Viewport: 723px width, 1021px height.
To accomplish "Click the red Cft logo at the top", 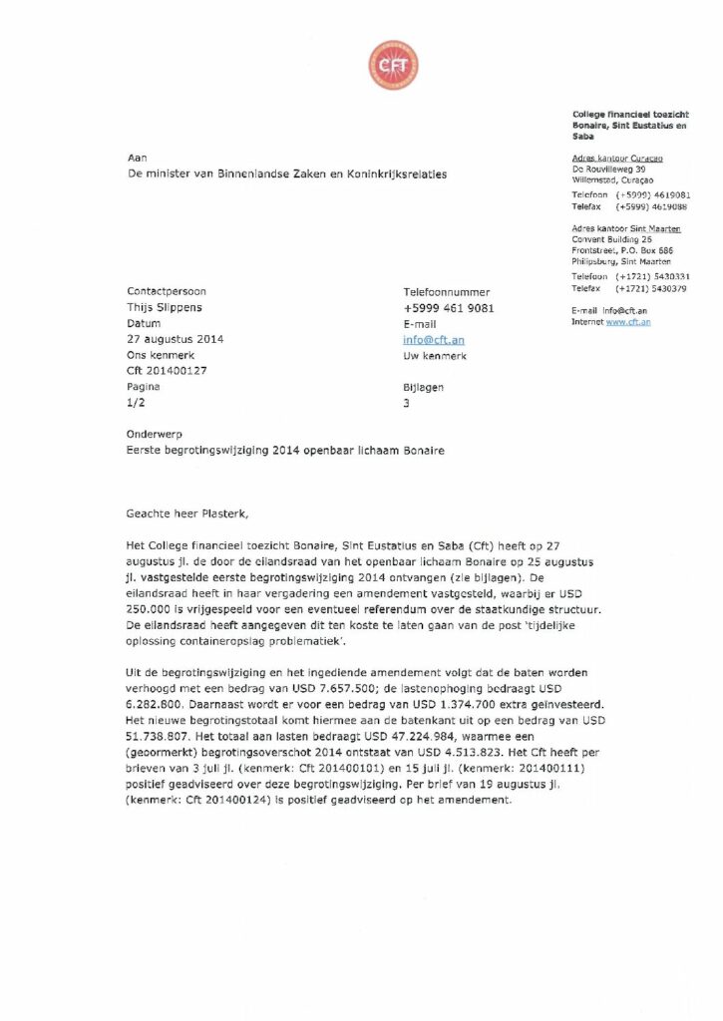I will [x=393, y=66].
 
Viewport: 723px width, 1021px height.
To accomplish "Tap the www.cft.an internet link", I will [x=628, y=322].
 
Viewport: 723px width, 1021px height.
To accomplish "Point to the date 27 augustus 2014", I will [x=176, y=339].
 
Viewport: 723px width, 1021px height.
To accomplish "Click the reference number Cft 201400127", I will [x=167, y=371].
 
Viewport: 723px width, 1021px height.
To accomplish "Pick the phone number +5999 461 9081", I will [x=448, y=308].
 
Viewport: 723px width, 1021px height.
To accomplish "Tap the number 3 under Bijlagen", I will [x=406, y=402].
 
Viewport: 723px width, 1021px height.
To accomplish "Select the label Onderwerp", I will [x=153, y=435].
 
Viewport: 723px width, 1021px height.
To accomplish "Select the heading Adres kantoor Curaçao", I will [x=617, y=159].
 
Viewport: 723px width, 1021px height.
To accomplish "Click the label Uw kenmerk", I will [x=435, y=355].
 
